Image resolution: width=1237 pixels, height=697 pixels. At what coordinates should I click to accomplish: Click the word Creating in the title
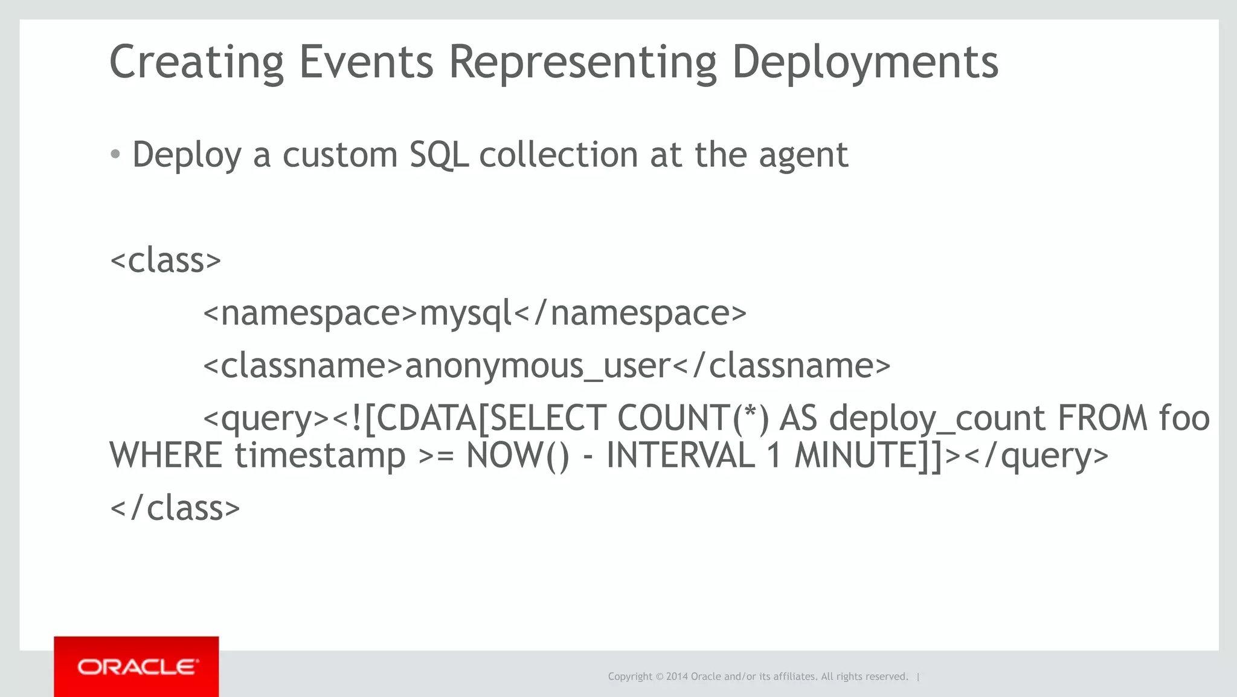click(x=196, y=62)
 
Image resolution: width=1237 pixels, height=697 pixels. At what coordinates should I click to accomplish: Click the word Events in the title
click(x=366, y=62)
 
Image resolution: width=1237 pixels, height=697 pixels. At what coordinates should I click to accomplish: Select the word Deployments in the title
click(x=865, y=62)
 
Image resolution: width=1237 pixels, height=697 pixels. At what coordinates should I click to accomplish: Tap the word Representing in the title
click(x=583, y=62)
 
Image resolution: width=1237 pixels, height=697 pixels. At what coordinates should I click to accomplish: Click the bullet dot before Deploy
click(x=115, y=155)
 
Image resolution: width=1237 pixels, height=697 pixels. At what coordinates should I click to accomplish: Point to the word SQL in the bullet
click(x=439, y=155)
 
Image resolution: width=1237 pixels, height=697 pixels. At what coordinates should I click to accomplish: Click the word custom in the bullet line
click(x=340, y=155)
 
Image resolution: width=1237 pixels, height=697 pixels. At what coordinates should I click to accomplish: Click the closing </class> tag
click(x=175, y=508)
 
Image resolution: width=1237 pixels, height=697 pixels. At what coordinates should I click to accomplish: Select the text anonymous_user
click(x=538, y=366)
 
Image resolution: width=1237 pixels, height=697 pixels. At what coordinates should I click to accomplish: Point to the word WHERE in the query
click(x=166, y=455)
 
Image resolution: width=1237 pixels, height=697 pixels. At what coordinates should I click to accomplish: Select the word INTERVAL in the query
click(x=681, y=455)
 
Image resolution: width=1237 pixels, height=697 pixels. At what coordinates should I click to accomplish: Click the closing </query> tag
click(x=1036, y=456)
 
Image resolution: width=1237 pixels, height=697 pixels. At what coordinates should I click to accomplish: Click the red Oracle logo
click(x=137, y=667)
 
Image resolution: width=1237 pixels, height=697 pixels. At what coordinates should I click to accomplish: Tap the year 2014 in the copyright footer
click(x=676, y=676)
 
